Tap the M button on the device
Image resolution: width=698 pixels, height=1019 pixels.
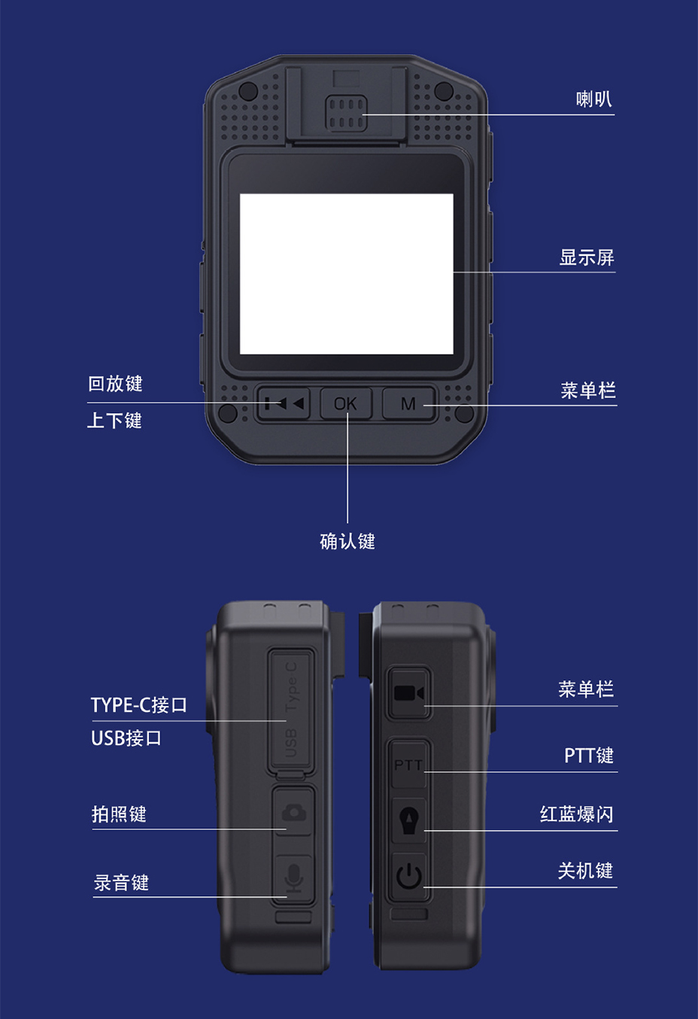(x=408, y=403)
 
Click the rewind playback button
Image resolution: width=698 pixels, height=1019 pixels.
(x=284, y=403)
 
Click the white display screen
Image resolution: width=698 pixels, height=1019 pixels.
(x=347, y=274)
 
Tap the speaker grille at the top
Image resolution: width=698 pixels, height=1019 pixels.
(x=345, y=114)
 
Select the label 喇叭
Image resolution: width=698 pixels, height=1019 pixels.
(x=594, y=99)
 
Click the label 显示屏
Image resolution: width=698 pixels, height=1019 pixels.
(x=587, y=257)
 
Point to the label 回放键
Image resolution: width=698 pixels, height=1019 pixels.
(x=115, y=384)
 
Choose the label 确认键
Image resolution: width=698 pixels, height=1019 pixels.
(x=347, y=541)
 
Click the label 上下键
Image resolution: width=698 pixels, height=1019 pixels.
(x=114, y=421)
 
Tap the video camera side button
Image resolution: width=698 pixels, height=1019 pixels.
(x=408, y=693)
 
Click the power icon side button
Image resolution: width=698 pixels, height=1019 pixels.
(x=408, y=876)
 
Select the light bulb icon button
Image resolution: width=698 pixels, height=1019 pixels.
(x=408, y=820)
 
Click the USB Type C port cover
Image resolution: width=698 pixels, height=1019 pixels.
(x=291, y=711)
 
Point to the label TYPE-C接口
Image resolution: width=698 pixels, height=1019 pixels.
(x=139, y=704)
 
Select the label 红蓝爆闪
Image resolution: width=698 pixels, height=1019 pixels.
(x=577, y=814)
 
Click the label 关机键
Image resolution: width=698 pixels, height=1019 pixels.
(x=586, y=871)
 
